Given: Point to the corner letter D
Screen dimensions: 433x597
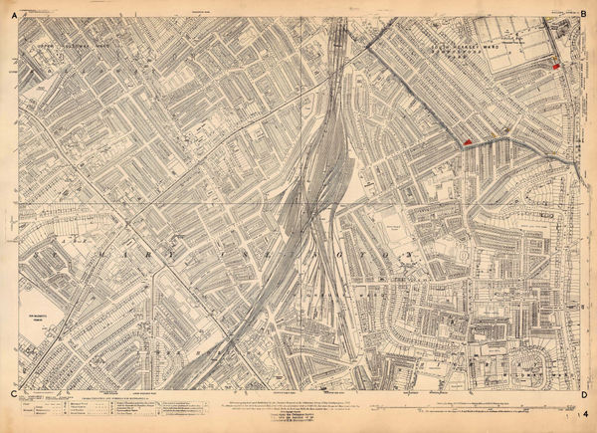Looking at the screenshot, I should [x=581, y=395].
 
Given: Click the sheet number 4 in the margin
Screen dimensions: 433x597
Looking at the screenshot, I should [x=587, y=413].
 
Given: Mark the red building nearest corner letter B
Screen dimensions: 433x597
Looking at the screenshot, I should [x=555, y=65].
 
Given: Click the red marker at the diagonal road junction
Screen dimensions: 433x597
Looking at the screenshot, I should [x=466, y=143].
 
